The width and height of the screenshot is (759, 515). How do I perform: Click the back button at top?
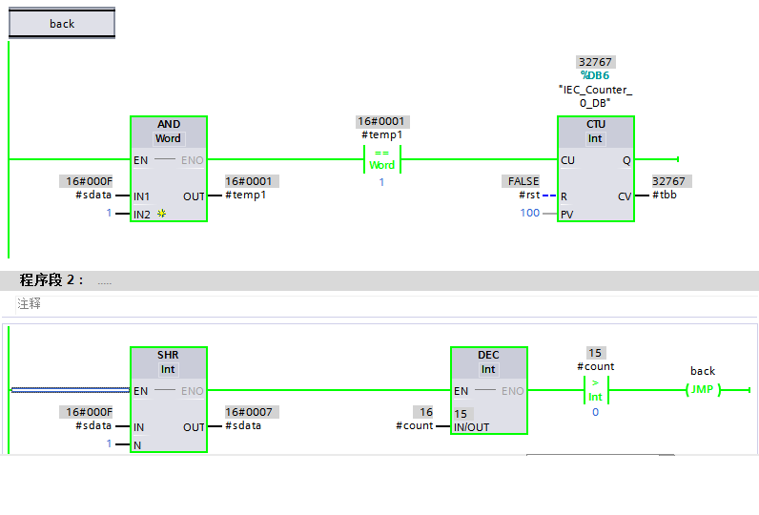click(62, 24)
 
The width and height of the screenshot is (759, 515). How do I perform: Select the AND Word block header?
click(168, 132)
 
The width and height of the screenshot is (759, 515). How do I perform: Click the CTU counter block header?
click(595, 132)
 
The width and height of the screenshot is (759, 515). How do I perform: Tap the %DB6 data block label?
click(595, 75)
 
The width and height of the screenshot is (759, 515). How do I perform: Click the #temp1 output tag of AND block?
click(246, 196)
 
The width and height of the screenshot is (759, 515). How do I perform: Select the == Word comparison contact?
click(381, 159)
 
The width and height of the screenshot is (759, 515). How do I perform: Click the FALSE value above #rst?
click(523, 181)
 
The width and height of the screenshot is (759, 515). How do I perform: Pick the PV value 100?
click(529, 213)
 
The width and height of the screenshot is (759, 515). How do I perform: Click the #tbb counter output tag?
click(667, 196)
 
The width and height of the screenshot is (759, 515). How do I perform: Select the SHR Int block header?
click(168, 361)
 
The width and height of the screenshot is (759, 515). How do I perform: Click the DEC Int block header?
click(488, 361)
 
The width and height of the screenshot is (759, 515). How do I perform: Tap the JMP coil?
click(703, 389)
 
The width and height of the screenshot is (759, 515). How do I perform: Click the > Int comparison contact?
click(595, 390)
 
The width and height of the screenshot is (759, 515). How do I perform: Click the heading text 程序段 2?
click(51, 280)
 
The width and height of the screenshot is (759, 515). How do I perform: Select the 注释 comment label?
click(29, 304)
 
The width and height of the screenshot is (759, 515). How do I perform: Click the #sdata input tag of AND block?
click(93, 196)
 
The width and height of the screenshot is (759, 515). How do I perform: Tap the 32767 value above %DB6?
click(595, 62)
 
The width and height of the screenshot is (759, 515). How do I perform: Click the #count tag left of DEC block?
click(414, 426)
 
